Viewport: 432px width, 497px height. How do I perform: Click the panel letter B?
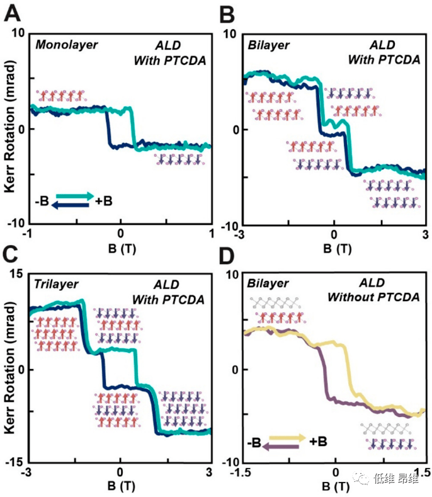(x=225, y=11)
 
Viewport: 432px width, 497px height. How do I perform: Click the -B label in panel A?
(x=43, y=201)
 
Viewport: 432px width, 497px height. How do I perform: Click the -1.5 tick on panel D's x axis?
(x=242, y=472)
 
